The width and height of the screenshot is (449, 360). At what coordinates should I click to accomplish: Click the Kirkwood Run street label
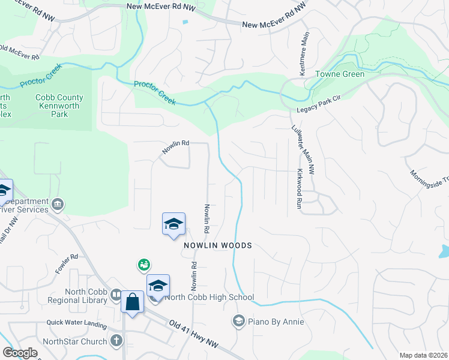click(299, 188)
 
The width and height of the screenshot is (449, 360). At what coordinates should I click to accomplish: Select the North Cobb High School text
click(209, 297)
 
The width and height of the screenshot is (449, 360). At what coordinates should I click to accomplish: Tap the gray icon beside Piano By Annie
click(239, 322)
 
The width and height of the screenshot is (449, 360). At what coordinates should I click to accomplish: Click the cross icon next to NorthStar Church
click(116, 341)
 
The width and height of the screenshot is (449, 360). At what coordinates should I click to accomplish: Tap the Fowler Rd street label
click(67, 264)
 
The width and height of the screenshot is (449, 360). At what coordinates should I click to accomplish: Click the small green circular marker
click(143, 264)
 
